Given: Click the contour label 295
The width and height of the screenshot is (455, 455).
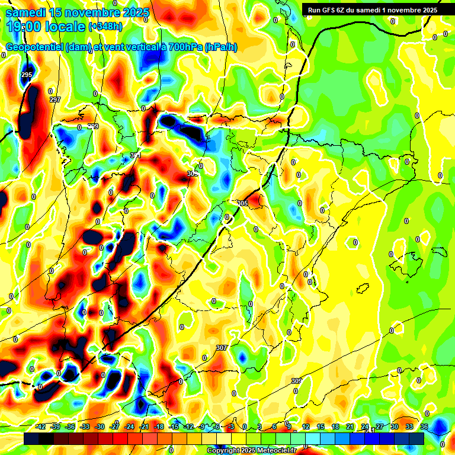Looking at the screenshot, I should (x=26, y=75).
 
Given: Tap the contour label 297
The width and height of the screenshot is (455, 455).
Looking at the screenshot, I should (x=55, y=100).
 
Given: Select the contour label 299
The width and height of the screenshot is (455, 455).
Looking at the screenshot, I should (x=94, y=127).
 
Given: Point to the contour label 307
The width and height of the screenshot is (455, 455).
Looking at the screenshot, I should (x=222, y=348).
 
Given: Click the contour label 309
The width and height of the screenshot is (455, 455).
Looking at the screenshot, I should (x=297, y=381).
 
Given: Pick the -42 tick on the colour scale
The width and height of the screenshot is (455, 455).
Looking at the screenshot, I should (x=41, y=427).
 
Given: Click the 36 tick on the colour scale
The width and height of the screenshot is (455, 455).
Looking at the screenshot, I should (x=424, y=427).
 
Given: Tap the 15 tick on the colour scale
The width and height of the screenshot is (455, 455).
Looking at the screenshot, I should (x=320, y=427).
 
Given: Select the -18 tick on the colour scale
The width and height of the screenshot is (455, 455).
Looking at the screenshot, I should (x=158, y=427).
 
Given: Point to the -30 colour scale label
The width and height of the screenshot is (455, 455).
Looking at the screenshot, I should (x=100, y=427).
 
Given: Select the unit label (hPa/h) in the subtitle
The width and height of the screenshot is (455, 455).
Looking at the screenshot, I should (x=220, y=47).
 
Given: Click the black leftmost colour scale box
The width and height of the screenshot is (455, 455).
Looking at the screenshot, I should (x=32, y=438).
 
